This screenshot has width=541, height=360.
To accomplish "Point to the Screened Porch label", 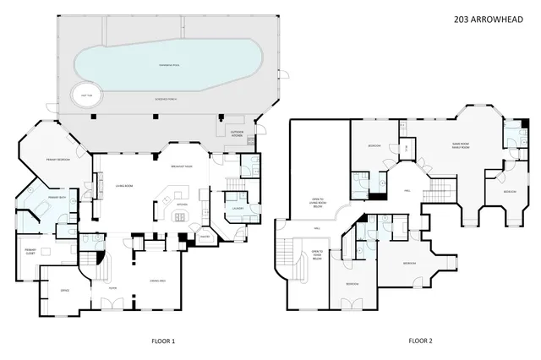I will click(165, 99).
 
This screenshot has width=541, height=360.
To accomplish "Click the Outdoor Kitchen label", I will click(238, 133).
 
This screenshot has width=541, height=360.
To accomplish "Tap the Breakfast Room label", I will click(183, 167).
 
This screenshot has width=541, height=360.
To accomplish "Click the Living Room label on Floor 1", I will click(126, 185).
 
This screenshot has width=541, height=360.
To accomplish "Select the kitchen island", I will click(179, 217).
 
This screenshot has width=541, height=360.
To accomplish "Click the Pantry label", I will click(204, 237).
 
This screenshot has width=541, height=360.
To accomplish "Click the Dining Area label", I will click(156, 280).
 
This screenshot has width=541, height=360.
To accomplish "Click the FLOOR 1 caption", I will click(161, 341).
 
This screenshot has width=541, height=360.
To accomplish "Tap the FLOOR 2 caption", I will click(420, 341).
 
